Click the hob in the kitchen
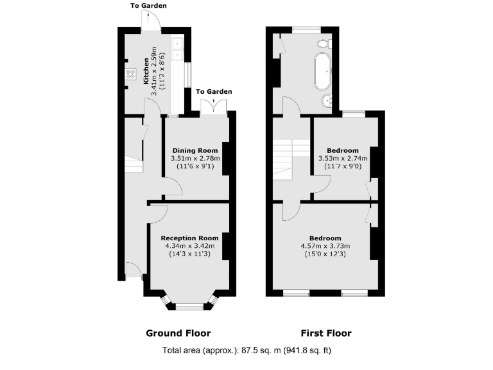pos(130,74)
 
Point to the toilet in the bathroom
pos(324,42)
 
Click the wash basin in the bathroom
pos(329,100)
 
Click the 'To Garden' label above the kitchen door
pos(149,6)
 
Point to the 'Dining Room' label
pos(195,150)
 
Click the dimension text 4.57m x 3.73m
pos(325,245)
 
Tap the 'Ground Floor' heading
pos(178,333)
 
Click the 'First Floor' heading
pos(326,333)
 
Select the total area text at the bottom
pos(246,351)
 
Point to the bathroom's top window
pos(307,29)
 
